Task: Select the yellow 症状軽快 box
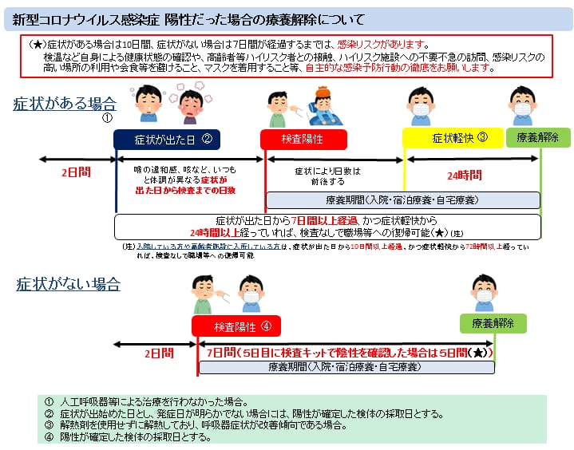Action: (x=453, y=138)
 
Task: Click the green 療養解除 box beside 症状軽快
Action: (x=538, y=137)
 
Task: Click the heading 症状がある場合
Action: (x=64, y=104)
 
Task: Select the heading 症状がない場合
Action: (x=69, y=283)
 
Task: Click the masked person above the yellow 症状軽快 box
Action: (x=422, y=104)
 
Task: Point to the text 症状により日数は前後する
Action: (x=327, y=176)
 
